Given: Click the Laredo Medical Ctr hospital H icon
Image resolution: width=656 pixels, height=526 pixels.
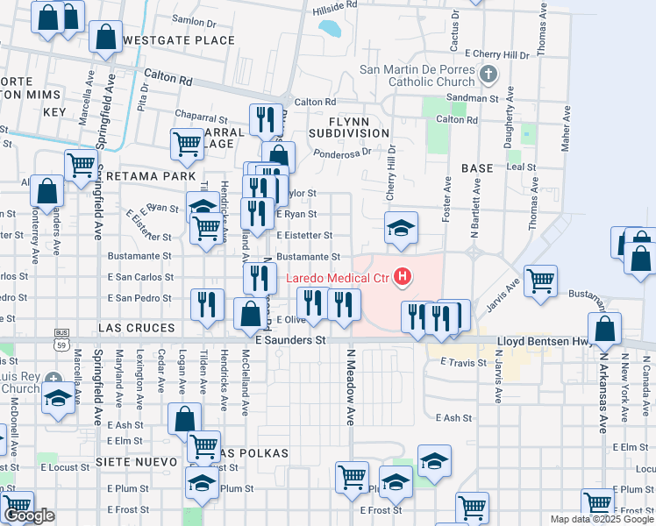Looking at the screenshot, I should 403,279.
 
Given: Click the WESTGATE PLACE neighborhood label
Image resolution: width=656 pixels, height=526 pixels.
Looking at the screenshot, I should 179,40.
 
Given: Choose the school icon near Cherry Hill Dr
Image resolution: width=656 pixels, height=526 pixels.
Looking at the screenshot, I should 401,228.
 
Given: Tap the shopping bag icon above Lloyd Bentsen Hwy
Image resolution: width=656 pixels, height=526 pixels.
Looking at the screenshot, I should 605,330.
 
